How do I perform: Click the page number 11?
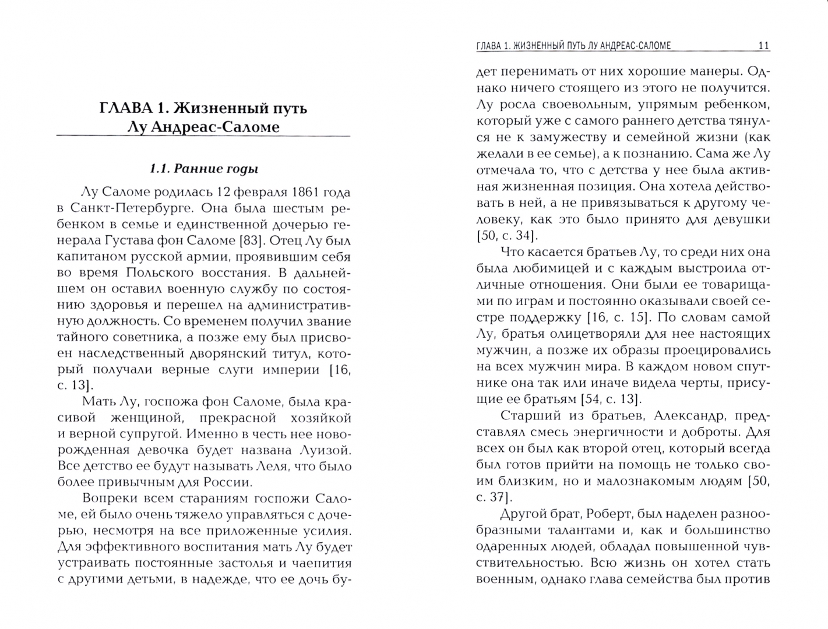point(764,45)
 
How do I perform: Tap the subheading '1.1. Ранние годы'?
point(203,169)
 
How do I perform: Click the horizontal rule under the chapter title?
point(203,137)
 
